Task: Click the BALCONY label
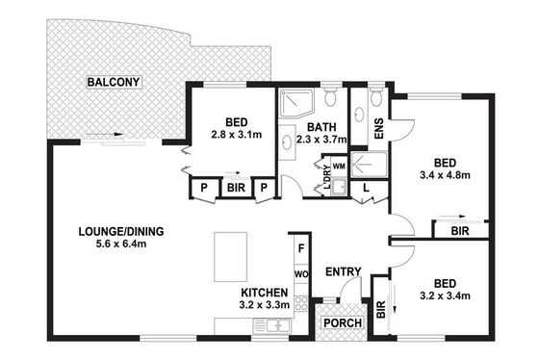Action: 114,82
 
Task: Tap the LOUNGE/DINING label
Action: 121,231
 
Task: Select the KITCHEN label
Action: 265,293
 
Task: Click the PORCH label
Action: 343,323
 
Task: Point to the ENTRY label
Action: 344,272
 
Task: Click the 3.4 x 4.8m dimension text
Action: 445,175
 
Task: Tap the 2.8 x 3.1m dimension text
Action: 236,135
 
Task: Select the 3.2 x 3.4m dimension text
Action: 445,296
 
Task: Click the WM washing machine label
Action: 339,167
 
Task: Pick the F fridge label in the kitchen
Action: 301,248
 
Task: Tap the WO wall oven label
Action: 301,274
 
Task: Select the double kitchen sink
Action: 271,325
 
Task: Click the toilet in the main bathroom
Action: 330,96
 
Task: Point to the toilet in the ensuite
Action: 376,96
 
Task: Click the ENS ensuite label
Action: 378,129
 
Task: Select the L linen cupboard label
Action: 366,188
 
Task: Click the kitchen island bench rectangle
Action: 230,257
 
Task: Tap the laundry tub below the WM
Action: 339,187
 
